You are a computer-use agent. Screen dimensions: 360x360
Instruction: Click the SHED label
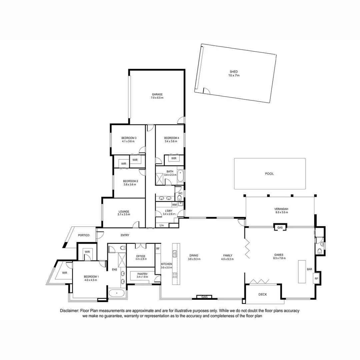click(x=234, y=72)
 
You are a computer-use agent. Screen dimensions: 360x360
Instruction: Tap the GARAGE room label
click(x=157, y=94)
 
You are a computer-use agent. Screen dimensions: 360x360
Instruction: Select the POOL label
click(x=269, y=174)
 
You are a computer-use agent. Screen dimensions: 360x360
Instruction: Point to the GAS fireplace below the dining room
click(x=204, y=297)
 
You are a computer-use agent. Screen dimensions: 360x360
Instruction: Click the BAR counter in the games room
click(x=302, y=271)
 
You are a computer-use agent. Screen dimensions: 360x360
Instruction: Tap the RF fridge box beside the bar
click(x=316, y=278)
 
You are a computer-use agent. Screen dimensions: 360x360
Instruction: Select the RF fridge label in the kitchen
click(x=158, y=248)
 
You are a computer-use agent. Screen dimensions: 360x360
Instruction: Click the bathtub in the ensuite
click(x=117, y=294)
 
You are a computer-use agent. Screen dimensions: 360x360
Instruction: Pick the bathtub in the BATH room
click(x=180, y=175)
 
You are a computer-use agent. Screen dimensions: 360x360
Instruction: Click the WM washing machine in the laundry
click(x=174, y=204)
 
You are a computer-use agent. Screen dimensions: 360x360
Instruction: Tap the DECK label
click(x=263, y=294)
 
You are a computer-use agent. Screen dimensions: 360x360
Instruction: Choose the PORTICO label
click(x=84, y=235)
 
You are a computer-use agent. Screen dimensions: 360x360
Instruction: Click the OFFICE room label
click(x=140, y=256)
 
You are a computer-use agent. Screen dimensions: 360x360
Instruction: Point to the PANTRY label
click(x=142, y=274)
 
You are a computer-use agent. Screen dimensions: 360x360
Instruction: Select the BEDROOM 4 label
click(x=172, y=138)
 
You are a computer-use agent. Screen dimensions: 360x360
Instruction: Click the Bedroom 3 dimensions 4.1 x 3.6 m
click(x=128, y=141)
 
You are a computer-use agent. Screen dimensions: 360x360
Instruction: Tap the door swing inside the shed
click(x=206, y=91)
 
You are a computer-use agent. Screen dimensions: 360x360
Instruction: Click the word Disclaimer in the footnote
click(x=70, y=311)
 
